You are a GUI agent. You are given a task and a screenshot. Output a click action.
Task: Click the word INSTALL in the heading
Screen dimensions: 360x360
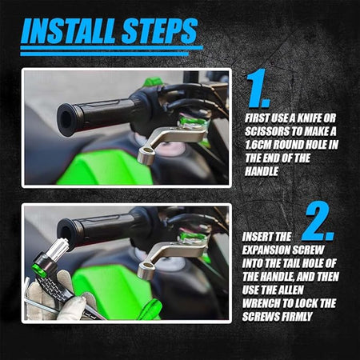[69, 31]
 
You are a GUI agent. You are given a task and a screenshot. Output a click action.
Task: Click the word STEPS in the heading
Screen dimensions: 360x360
[159, 31]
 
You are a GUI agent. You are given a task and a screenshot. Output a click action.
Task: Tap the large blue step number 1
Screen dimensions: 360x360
[258, 88]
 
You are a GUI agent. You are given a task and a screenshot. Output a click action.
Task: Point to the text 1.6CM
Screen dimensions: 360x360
[258, 145]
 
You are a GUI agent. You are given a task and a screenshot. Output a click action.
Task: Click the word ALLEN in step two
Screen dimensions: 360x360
[290, 290]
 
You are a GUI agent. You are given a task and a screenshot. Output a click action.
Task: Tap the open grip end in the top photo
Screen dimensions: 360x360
[66, 120]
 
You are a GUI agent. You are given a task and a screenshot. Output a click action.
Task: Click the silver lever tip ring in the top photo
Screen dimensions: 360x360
[146, 155]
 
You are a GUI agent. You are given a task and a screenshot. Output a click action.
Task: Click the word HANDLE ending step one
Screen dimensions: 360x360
[262, 171]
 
